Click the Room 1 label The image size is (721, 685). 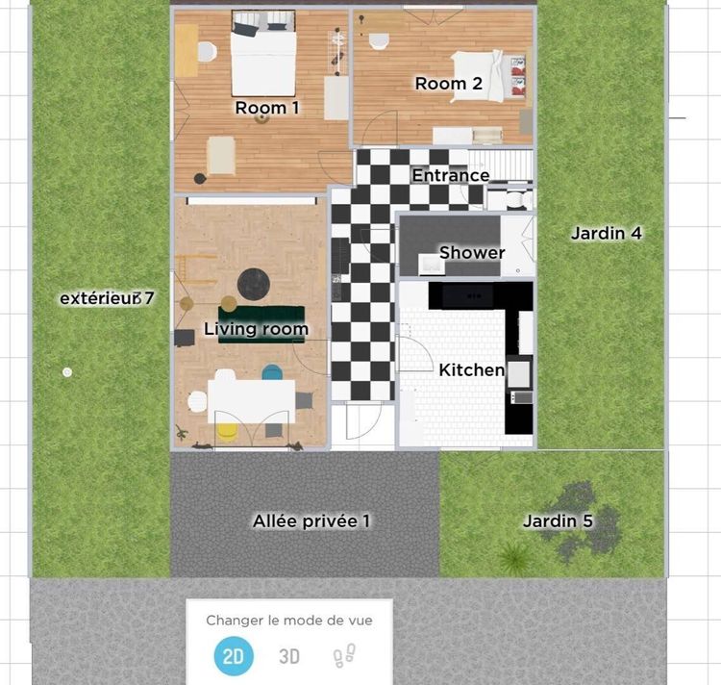[267, 108]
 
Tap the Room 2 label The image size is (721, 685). [448, 84]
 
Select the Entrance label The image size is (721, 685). [451, 175]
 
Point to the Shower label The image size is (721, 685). [472, 253]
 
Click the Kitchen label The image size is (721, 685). [471, 369]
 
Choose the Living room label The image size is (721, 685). [256, 329]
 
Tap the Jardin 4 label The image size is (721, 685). [606, 233]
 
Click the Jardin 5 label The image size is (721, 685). [558, 521]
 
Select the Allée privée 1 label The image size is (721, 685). [311, 520]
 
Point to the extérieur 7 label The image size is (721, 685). [107, 298]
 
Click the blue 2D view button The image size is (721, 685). [233, 657]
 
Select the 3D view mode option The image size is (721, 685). [289, 657]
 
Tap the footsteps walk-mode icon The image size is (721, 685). [343, 657]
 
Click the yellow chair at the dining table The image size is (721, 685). [227, 431]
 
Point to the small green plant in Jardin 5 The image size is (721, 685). [514, 556]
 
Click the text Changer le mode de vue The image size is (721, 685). [288, 621]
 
